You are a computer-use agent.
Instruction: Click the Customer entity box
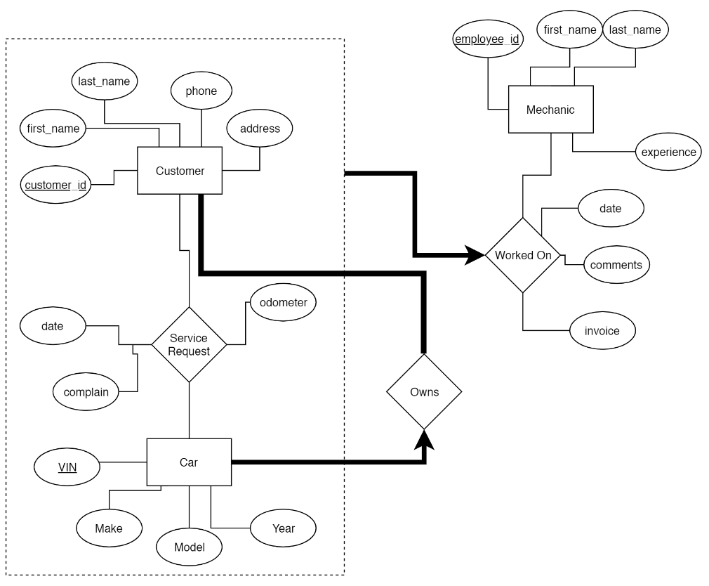(x=180, y=171)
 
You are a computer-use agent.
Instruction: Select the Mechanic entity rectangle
(x=550, y=110)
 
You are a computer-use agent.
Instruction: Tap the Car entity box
(x=189, y=462)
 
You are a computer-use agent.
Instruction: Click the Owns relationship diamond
(x=424, y=391)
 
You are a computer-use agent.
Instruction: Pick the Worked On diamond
(x=523, y=255)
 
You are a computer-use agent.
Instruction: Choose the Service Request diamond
(x=189, y=344)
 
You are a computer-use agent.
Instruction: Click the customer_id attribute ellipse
(x=55, y=185)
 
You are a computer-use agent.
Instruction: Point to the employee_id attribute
(x=486, y=39)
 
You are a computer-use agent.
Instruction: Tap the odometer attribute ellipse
(x=283, y=303)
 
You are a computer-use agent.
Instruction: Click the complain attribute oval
(x=86, y=391)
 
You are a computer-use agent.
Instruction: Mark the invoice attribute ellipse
(x=602, y=330)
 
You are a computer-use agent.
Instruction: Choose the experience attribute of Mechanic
(x=668, y=152)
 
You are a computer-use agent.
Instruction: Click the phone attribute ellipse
(x=201, y=91)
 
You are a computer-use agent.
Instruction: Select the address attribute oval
(x=260, y=129)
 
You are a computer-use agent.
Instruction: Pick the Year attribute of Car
(x=284, y=528)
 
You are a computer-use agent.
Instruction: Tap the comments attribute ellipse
(x=616, y=265)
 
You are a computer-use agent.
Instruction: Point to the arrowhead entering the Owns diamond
(x=424, y=440)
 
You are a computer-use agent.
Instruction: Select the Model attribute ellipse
(x=189, y=547)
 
